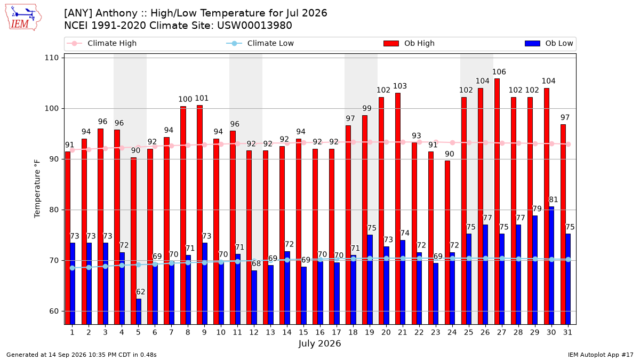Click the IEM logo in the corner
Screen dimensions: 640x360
tap(23, 18)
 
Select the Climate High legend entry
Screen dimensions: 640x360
tap(102, 43)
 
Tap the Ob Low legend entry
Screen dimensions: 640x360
tap(549, 43)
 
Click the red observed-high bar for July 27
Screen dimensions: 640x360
tap(497, 202)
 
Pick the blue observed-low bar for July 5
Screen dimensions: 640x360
tap(139, 311)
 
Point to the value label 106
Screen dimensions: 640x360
tap(499, 71)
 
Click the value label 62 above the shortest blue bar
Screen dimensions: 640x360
tap(141, 292)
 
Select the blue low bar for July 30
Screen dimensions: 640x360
tap(551, 266)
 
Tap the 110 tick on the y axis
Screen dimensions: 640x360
tap(51, 58)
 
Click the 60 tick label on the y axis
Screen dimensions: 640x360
tap(54, 311)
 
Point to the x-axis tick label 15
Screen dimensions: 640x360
tap(303, 332)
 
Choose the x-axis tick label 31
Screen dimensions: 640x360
tap(567, 332)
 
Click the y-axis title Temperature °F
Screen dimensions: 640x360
tap(37, 189)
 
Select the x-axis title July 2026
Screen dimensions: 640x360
tap(319, 343)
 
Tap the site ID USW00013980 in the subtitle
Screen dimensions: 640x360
tap(254, 26)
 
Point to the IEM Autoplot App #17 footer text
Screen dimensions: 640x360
tap(601, 355)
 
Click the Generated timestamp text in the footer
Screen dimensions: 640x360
tap(82, 355)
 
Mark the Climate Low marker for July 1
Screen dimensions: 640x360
tap(73, 268)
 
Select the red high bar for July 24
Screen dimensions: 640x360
tap(447, 243)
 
